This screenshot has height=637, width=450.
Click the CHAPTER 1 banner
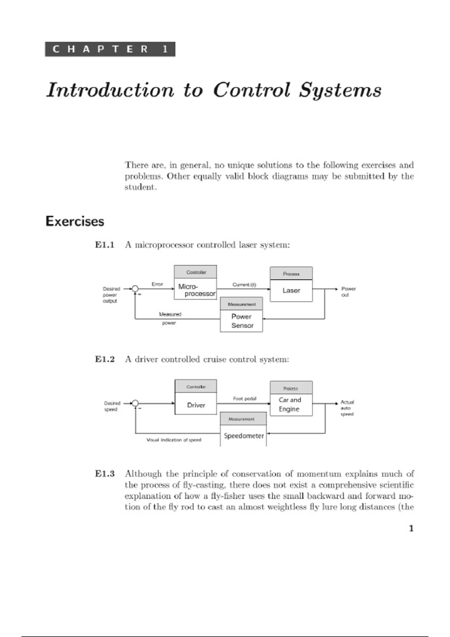point(110,49)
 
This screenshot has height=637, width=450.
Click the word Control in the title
point(252,90)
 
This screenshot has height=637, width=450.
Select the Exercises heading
point(75,221)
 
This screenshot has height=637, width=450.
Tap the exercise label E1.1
point(105,245)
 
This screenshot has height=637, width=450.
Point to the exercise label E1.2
point(105,359)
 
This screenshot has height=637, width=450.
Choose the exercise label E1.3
point(105,474)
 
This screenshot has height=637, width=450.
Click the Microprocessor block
point(195,290)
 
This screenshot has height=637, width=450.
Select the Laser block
point(291,290)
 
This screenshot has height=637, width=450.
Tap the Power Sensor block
point(241,321)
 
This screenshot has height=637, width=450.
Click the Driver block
point(196,405)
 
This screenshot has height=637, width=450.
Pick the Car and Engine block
point(291,405)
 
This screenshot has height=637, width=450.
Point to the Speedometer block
point(243,436)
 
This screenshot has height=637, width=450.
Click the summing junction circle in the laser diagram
point(135,289)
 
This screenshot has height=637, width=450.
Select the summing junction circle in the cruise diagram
point(135,404)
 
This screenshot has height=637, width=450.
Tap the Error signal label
point(157,284)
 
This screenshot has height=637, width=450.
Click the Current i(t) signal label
point(244,285)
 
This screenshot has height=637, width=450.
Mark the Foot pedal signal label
point(244,399)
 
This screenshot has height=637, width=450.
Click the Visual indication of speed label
point(174,440)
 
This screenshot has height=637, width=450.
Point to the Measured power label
point(170,318)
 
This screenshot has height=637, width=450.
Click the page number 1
point(411,528)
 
